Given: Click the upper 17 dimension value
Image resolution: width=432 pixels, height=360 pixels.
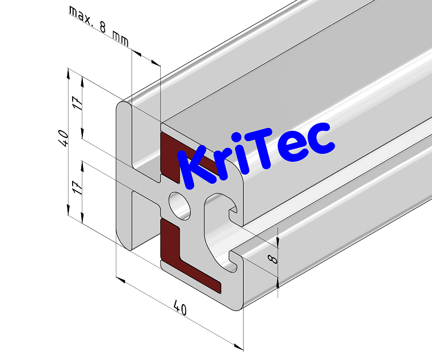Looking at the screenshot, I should (x=78, y=104).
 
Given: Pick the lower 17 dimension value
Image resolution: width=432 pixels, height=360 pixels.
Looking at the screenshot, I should (x=78, y=186).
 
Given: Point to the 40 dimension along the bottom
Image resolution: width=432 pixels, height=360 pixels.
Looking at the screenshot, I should (x=180, y=309).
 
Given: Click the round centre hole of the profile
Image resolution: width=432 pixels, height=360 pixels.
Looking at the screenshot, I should (x=180, y=204).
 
